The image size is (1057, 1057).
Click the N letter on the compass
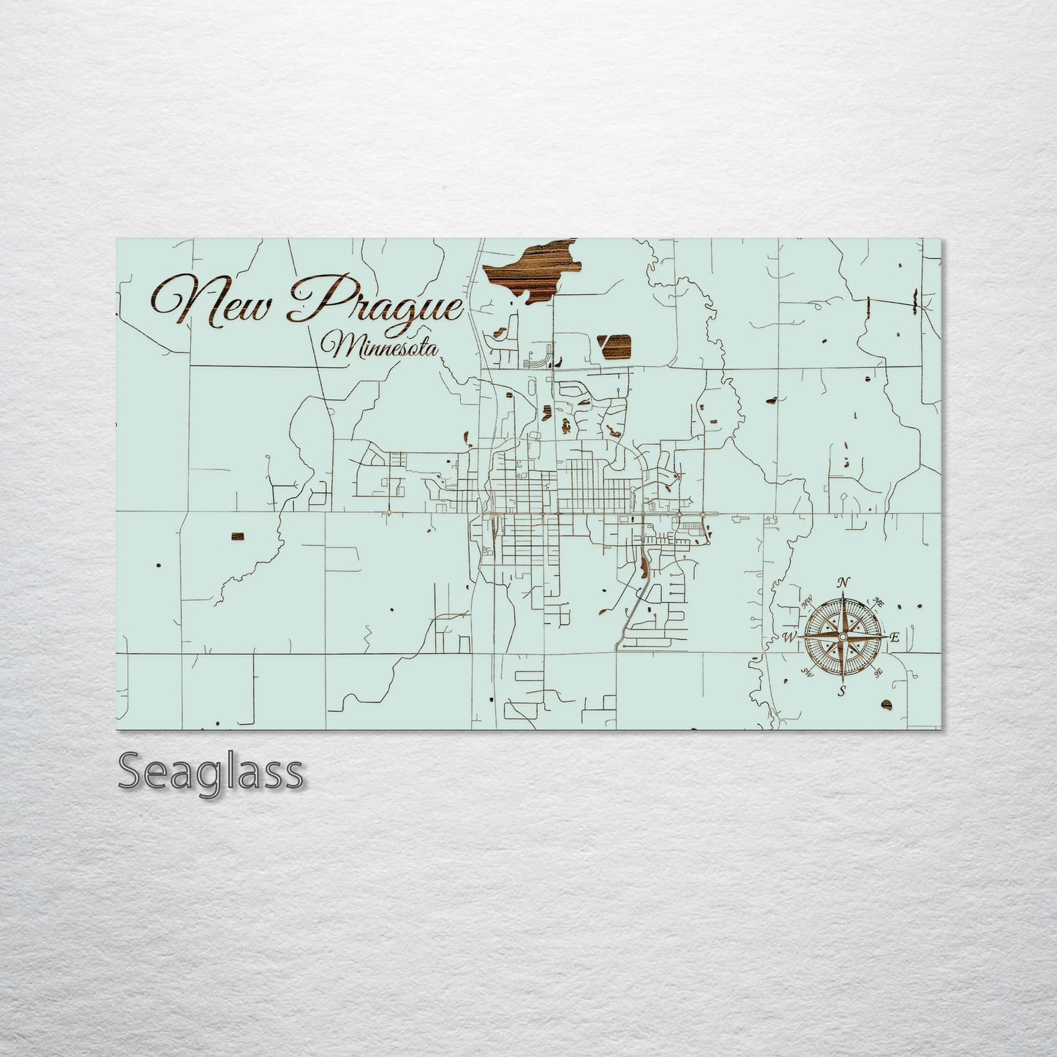pos(844,582)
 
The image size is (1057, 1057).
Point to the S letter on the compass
pos(843,689)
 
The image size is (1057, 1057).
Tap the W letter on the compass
pos(790,636)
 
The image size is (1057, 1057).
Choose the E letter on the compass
pos(894,637)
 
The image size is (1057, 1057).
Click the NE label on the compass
pos(879,603)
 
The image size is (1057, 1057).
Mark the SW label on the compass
pos(808,671)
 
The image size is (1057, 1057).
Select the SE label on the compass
pos(879,672)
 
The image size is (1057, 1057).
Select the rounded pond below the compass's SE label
pos(887,704)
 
